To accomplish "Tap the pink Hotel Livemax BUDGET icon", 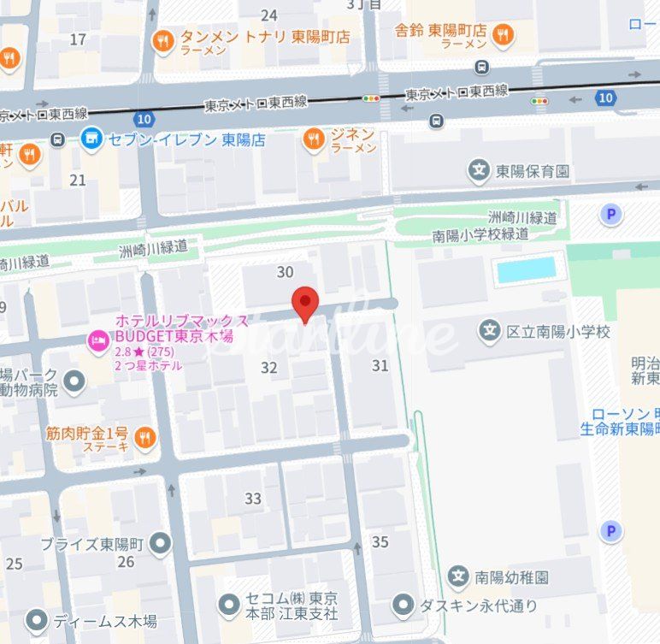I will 98,342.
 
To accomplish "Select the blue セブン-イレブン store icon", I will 91,137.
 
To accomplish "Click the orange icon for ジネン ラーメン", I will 315,139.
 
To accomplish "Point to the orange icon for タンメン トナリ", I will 162,39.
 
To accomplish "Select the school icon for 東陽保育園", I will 479,171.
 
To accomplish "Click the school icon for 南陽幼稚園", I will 459,576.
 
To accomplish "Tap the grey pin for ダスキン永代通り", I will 404,606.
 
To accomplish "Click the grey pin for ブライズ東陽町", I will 159,543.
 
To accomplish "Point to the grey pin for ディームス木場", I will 36,621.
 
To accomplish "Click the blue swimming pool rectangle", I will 527,269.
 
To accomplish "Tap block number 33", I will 253,499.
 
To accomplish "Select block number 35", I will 380,541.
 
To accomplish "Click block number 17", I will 79,39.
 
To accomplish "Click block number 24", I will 269,15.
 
